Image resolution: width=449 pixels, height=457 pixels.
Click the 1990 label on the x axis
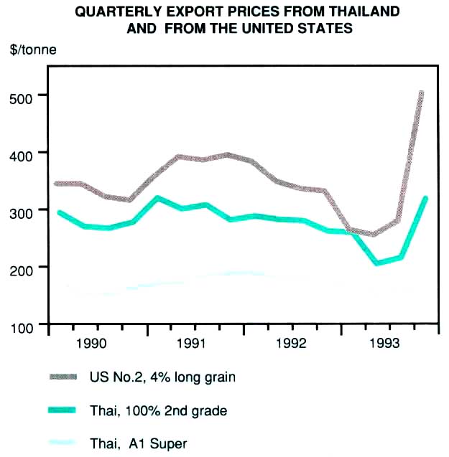pos(93,342)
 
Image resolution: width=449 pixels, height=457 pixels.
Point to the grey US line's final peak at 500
pos(421,93)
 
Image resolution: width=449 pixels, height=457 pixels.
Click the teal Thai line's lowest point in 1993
pos(376,263)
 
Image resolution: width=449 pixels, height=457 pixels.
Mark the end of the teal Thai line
pos(425,198)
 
